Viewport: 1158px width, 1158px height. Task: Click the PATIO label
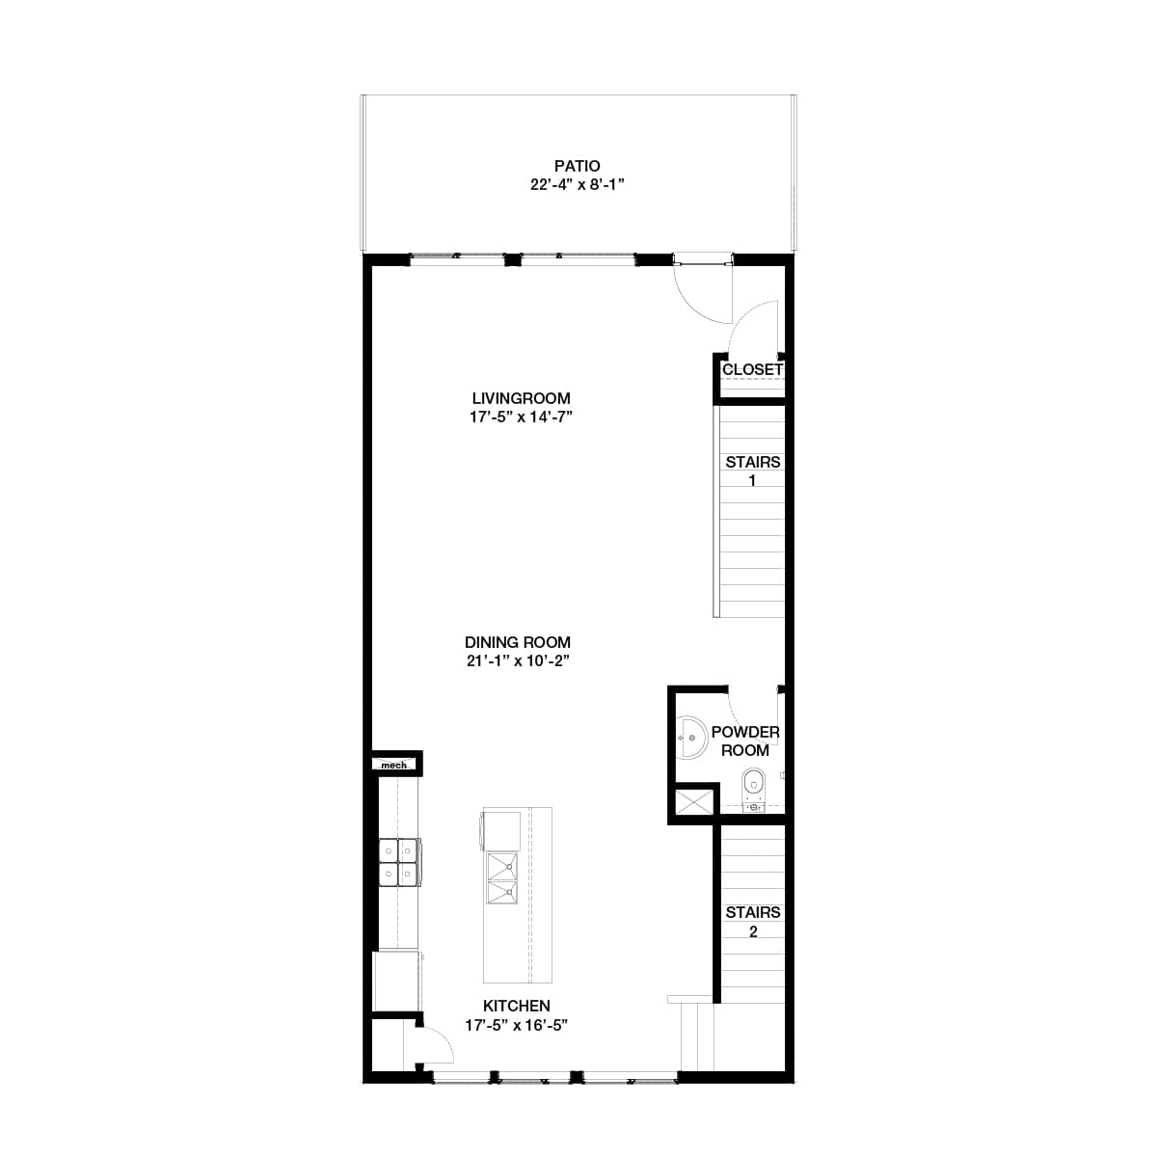click(x=578, y=167)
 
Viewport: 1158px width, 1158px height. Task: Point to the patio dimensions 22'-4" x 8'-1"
click(x=578, y=185)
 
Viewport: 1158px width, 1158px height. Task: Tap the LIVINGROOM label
click(x=521, y=398)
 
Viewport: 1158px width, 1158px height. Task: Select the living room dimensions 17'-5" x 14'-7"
click(x=521, y=417)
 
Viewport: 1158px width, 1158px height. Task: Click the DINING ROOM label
click(x=518, y=642)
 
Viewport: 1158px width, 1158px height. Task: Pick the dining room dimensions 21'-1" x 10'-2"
click(x=518, y=661)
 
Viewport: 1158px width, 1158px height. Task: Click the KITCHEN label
click(x=517, y=1006)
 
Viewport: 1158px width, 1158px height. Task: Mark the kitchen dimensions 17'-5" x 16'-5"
click(x=517, y=1025)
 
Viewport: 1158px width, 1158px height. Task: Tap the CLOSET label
click(x=752, y=369)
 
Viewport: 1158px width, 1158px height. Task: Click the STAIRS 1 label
click(x=753, y=471)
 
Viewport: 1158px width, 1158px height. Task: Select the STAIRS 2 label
click(x=753, y=922)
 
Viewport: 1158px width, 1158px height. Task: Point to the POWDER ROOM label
click(x=745, y=741)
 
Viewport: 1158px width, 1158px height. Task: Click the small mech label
click(x=393, y=765)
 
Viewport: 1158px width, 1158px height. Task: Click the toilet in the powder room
click(x=754, y=785)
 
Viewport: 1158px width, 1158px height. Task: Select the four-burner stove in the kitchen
click(x=398, y=862)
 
